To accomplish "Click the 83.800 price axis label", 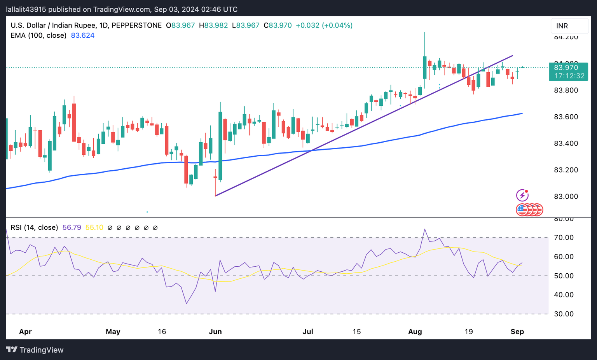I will click(x=566, y=90).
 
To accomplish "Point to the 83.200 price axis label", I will click(x=566, y=170).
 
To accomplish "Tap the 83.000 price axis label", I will click(x=566, y=196).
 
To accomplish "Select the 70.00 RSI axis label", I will click(x=564, y=238).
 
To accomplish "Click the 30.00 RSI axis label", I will click(x=564, y=314).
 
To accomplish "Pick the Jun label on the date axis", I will click(x=215, y=332).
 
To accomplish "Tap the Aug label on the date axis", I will click(x=415, y=332).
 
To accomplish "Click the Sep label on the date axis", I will click(x=517, y=332).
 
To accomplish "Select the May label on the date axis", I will click(x=113, y=332).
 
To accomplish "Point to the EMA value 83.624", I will click(x=82, y=35).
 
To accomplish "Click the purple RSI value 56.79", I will click(x=72, y=227).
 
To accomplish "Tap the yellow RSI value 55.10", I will click(x=94, y=227).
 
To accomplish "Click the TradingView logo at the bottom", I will click(x=35, y=350).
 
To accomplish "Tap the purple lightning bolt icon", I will click(x=522, y=195).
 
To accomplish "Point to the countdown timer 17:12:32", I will click(x=569, y=76).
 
